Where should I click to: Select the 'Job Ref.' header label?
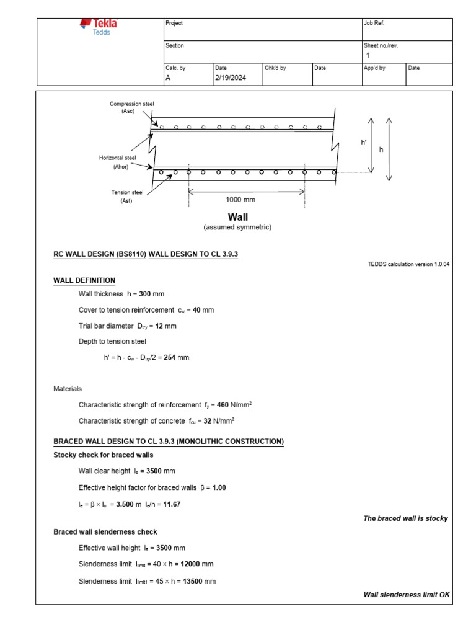[x=374, y=23]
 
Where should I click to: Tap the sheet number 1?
[x=368, y=55]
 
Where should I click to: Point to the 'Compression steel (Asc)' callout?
[x=131, y=107]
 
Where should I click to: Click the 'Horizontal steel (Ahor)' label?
[x=117, y=162]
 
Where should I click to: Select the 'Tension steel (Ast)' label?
[x=127, y=197]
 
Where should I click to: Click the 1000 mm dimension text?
[x=240, y=200]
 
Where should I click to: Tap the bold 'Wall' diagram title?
[x=237, y=217]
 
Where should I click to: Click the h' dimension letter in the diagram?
[x=364, y=143]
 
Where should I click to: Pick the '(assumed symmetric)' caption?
[x=237, y=228]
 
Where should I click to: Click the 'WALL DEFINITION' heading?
[x=84, y=281]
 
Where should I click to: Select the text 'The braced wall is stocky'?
[x=405, y=518]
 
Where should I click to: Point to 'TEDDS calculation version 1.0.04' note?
[x=408, y=264]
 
